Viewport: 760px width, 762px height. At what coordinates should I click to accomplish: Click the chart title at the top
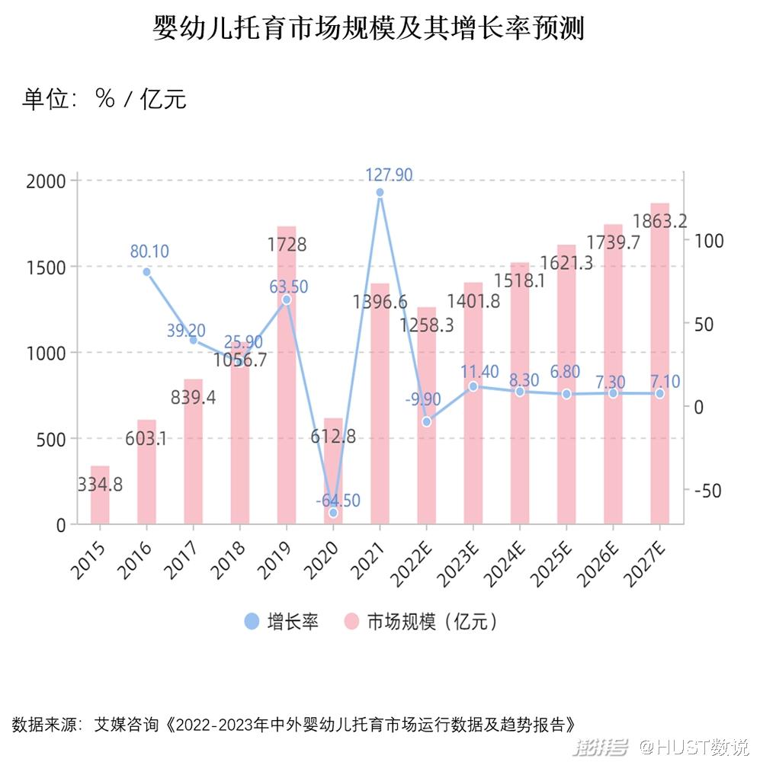pos(368,30)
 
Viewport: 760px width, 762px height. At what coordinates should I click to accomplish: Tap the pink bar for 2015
pos(100,495)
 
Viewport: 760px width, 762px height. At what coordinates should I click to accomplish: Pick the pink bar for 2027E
pos(659,366)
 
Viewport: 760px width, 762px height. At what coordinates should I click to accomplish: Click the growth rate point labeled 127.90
pos(380,193)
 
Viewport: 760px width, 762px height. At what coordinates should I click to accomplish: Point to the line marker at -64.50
pos(333,513)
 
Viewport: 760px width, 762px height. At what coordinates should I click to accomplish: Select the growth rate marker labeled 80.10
pos(146,271)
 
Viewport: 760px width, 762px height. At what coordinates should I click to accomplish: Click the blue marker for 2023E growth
pos(473,386)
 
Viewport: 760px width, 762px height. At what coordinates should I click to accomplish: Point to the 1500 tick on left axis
pos(50,267)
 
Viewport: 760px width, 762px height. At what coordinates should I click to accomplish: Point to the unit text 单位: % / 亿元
pos(104,99)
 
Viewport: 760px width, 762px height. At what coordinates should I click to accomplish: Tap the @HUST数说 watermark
pos(694,744)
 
